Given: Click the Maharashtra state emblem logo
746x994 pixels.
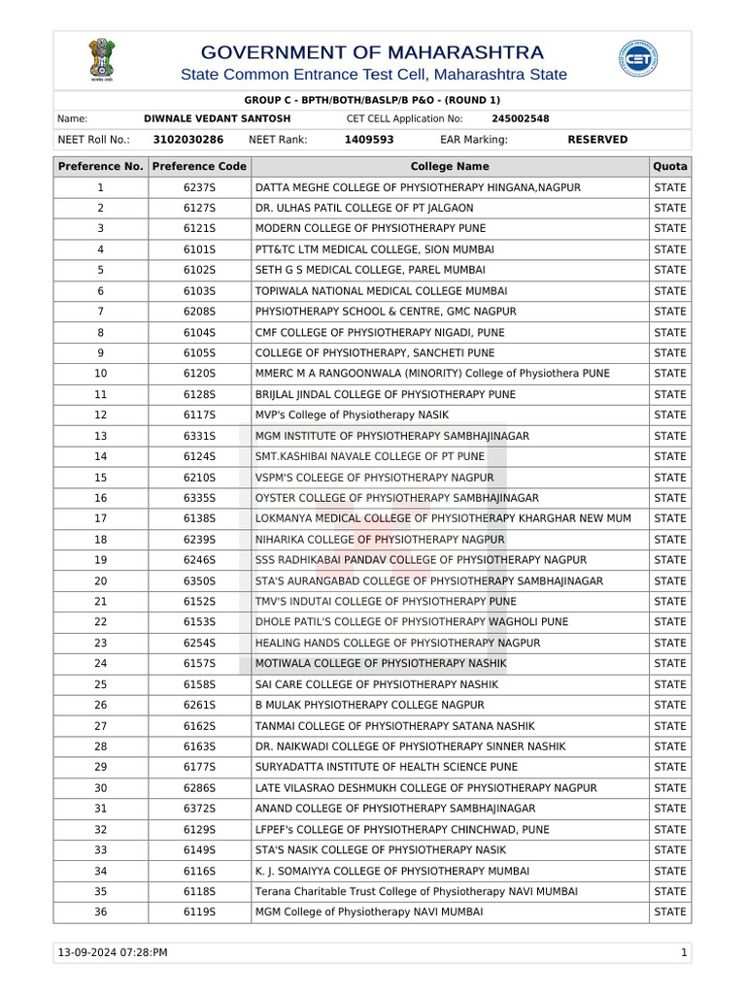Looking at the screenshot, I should tap(101, 59).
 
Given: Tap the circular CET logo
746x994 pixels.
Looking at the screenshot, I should tap(637, 59).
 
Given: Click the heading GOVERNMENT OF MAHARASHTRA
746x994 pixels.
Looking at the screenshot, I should tap(372, 52).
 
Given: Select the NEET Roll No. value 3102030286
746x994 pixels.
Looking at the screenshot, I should tap(187, 140).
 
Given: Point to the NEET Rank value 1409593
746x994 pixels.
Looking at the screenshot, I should tap(368, 140).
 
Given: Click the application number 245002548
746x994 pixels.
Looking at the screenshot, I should tap(520, 118).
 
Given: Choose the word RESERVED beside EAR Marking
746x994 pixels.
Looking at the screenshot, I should tap(596, 140).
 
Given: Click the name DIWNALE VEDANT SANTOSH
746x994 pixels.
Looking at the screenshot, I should tap(217, 118).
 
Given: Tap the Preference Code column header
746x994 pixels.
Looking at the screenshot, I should tap(199, 167).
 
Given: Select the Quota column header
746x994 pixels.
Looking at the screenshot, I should tap(670, 167).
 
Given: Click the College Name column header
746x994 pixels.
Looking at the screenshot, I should tap(450, 167).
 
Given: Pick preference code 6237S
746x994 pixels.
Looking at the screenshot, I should tap(199, 187).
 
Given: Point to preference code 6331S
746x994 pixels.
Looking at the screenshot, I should tap(199, 436).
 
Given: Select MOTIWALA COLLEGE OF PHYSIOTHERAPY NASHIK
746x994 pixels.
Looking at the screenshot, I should tap(380, 664).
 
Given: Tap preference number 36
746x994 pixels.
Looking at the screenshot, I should tap(101, 912).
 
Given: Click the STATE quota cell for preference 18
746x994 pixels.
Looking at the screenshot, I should tap(670, 540).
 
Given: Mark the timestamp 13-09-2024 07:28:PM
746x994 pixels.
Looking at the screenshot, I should tap(113, 953).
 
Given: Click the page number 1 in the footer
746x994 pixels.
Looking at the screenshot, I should tap(684, 953).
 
